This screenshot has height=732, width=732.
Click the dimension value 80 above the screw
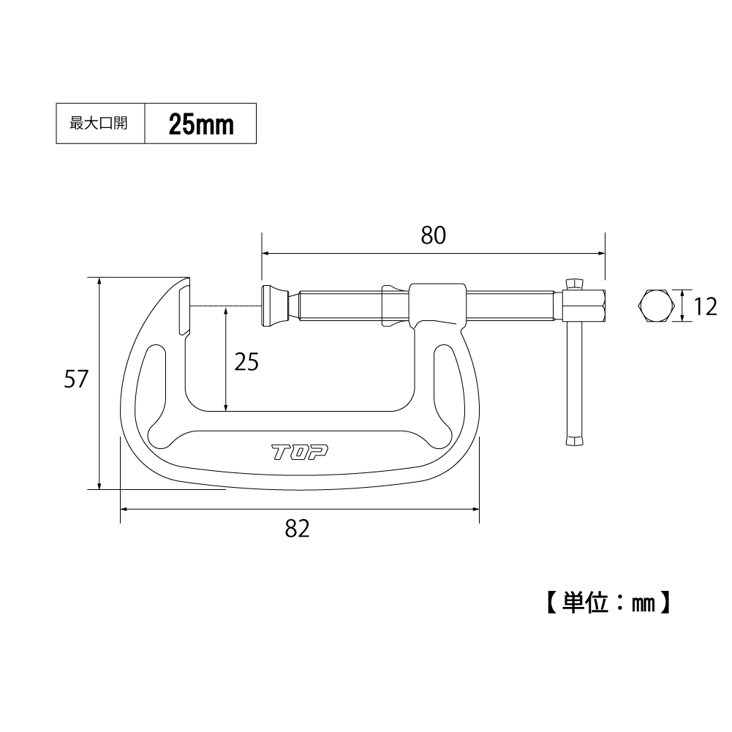433,235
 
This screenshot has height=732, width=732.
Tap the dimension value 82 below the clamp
298,529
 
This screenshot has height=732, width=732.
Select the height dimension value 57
76,379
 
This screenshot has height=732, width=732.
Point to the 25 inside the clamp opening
246,362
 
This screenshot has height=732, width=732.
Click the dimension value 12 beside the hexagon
705,307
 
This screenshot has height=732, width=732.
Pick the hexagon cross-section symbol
656,306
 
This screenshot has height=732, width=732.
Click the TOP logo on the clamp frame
300,453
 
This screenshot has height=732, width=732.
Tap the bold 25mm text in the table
201,124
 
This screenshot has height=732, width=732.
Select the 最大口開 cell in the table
100,124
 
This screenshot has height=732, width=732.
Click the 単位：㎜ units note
608,603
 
